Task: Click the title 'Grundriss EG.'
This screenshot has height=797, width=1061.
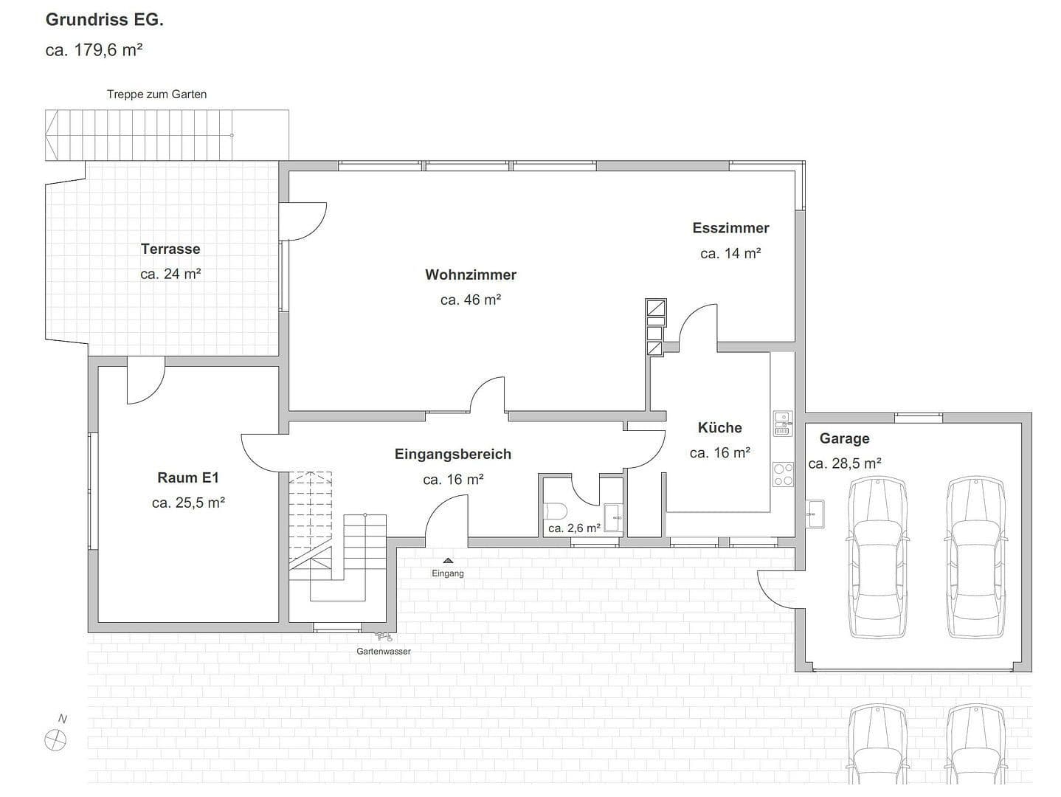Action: coord(105,20)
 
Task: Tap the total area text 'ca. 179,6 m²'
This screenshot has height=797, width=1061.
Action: coord(94,50)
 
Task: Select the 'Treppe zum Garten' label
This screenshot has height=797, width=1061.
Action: coord(156,94)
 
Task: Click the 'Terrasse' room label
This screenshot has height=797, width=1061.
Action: coord(170,249)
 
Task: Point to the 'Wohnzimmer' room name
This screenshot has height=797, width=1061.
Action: coord(471,275)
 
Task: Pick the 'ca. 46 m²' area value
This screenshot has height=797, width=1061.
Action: coord(471,300)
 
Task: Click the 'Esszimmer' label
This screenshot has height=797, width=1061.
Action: coord(730,228)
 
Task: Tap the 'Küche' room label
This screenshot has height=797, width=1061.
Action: coord(719,428)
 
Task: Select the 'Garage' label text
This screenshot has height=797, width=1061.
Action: coord(844,438)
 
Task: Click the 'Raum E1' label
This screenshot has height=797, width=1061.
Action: coord(188,477)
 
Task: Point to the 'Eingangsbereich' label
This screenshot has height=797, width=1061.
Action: coord(452,454)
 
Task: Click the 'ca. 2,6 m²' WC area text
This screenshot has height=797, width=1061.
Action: coord(574,528)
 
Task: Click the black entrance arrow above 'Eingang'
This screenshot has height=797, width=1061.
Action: coord(448,561)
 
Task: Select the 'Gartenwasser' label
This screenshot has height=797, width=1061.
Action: coord(383,651)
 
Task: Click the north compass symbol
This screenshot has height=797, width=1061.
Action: coord(55,739)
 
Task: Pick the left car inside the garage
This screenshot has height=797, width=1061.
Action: coord(877,557)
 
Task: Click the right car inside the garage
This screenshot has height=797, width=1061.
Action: coord(975,557)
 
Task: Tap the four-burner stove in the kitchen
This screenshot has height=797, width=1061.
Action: coord(782,475)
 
